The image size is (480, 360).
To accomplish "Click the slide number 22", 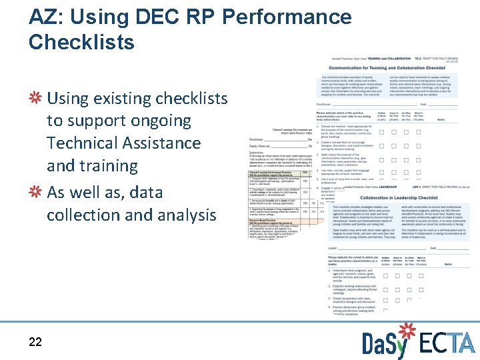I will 35,342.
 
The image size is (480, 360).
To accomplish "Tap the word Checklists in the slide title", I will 81,42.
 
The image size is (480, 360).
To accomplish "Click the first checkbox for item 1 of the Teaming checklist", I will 381,132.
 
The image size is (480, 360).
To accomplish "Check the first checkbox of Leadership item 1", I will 381,275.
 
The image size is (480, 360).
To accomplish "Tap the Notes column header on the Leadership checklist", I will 441,261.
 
